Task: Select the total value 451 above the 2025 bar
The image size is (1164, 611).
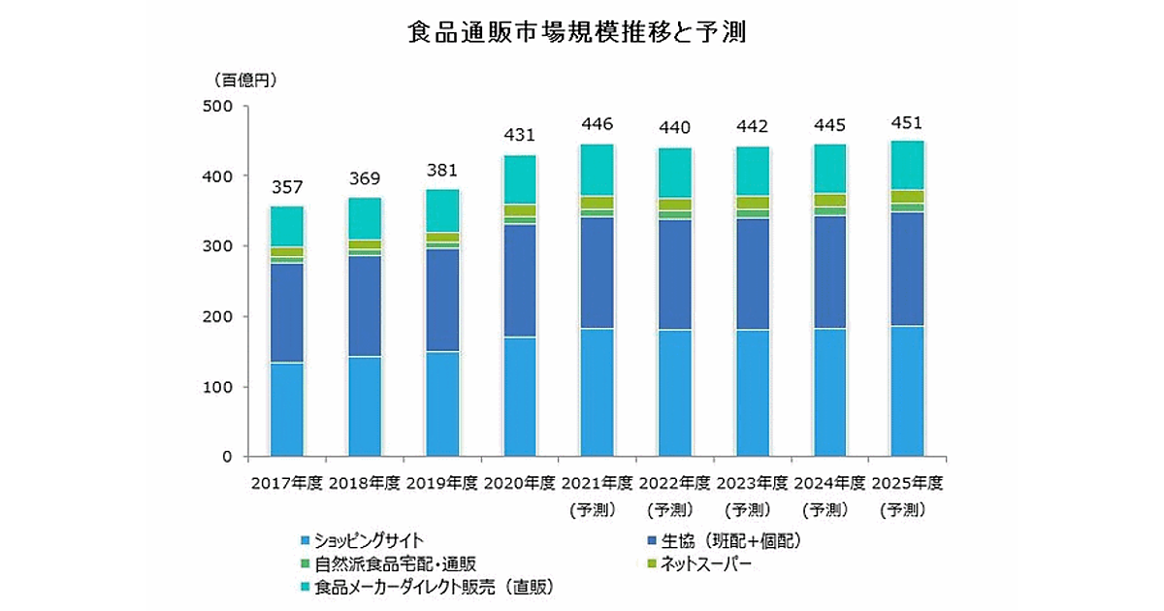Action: pos(907,122)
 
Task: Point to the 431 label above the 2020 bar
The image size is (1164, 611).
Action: pos(520,136)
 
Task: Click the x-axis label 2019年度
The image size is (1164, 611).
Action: pos(442,482)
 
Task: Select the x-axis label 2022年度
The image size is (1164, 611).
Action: pos(675,482)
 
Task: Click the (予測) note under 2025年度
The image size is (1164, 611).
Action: pos(907,508)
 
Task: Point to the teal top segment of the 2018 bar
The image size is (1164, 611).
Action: pos(365,218)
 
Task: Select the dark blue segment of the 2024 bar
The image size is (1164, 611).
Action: pos(830,273)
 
